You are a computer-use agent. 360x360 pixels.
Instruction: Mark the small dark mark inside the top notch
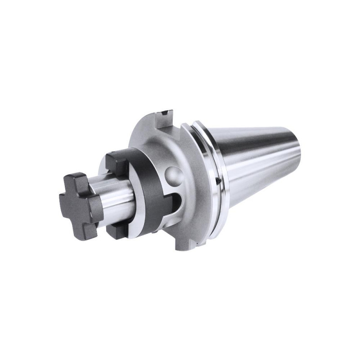(167, 111)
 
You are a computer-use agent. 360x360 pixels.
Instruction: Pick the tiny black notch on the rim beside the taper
(217, 181)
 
